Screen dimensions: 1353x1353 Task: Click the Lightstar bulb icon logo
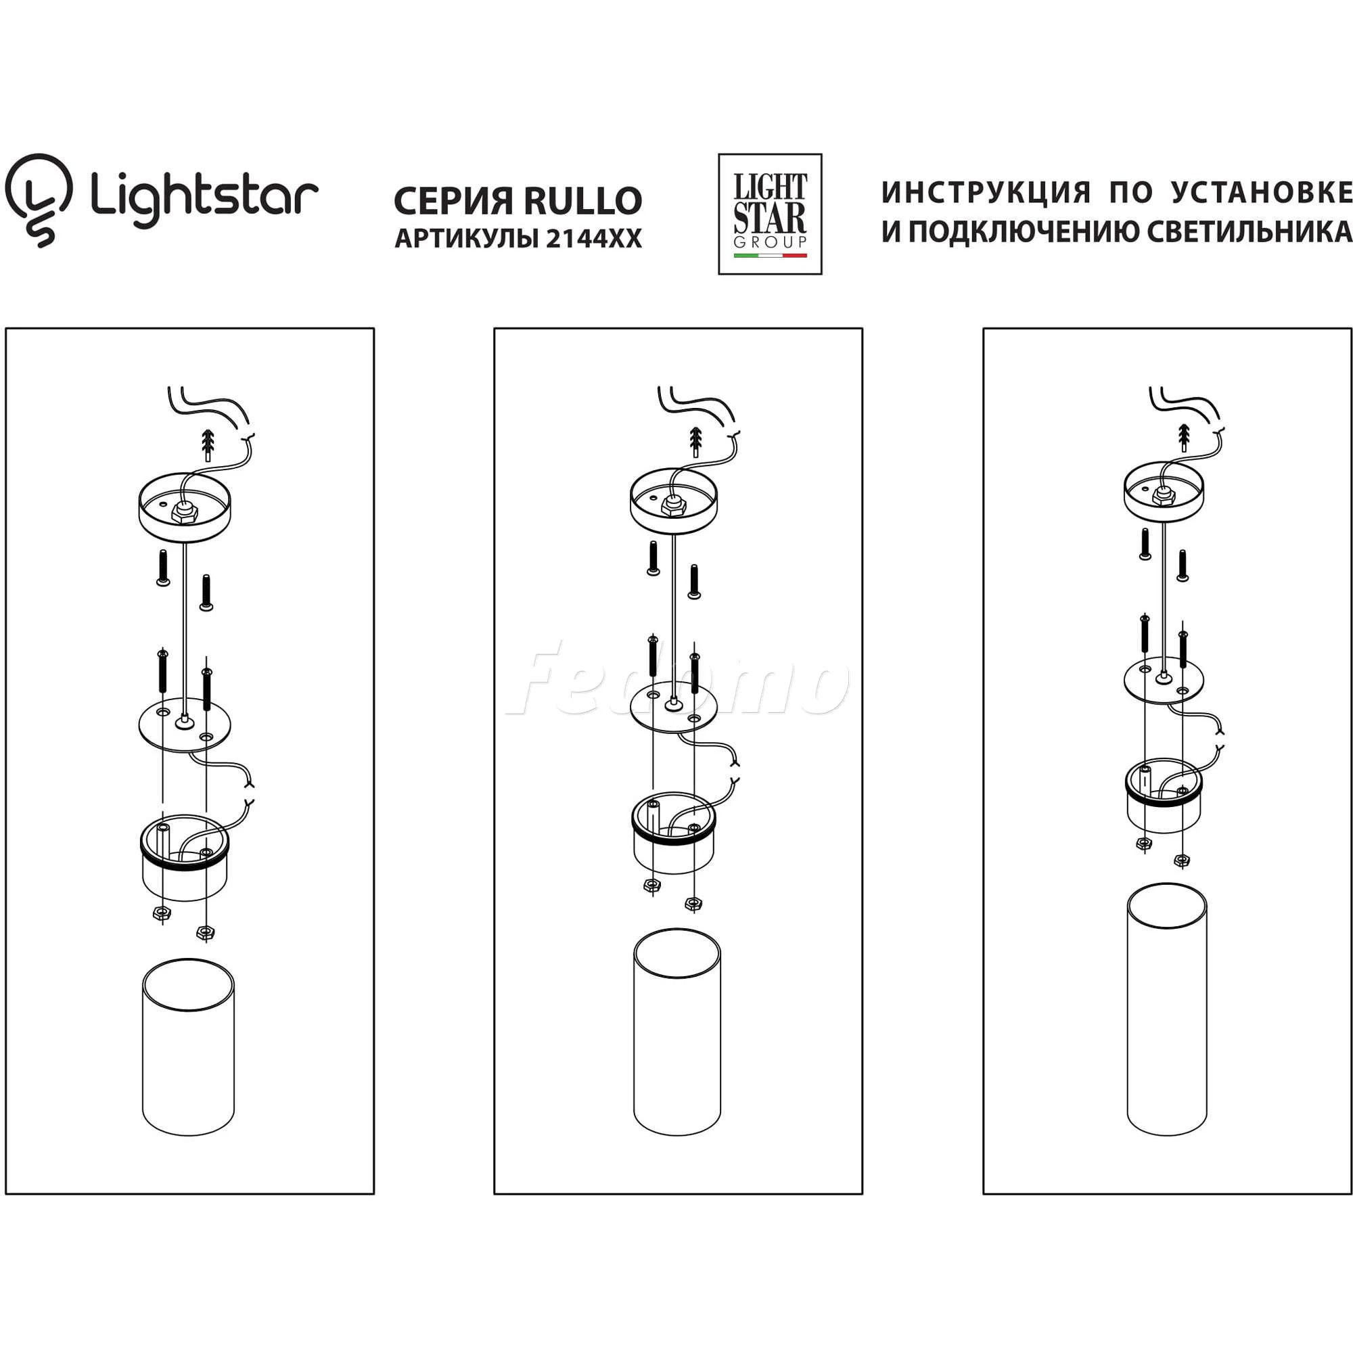tap(39, 200)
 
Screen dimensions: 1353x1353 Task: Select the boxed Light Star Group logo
tap(770, 214)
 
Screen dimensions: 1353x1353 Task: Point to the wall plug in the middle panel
tap(696, 440)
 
